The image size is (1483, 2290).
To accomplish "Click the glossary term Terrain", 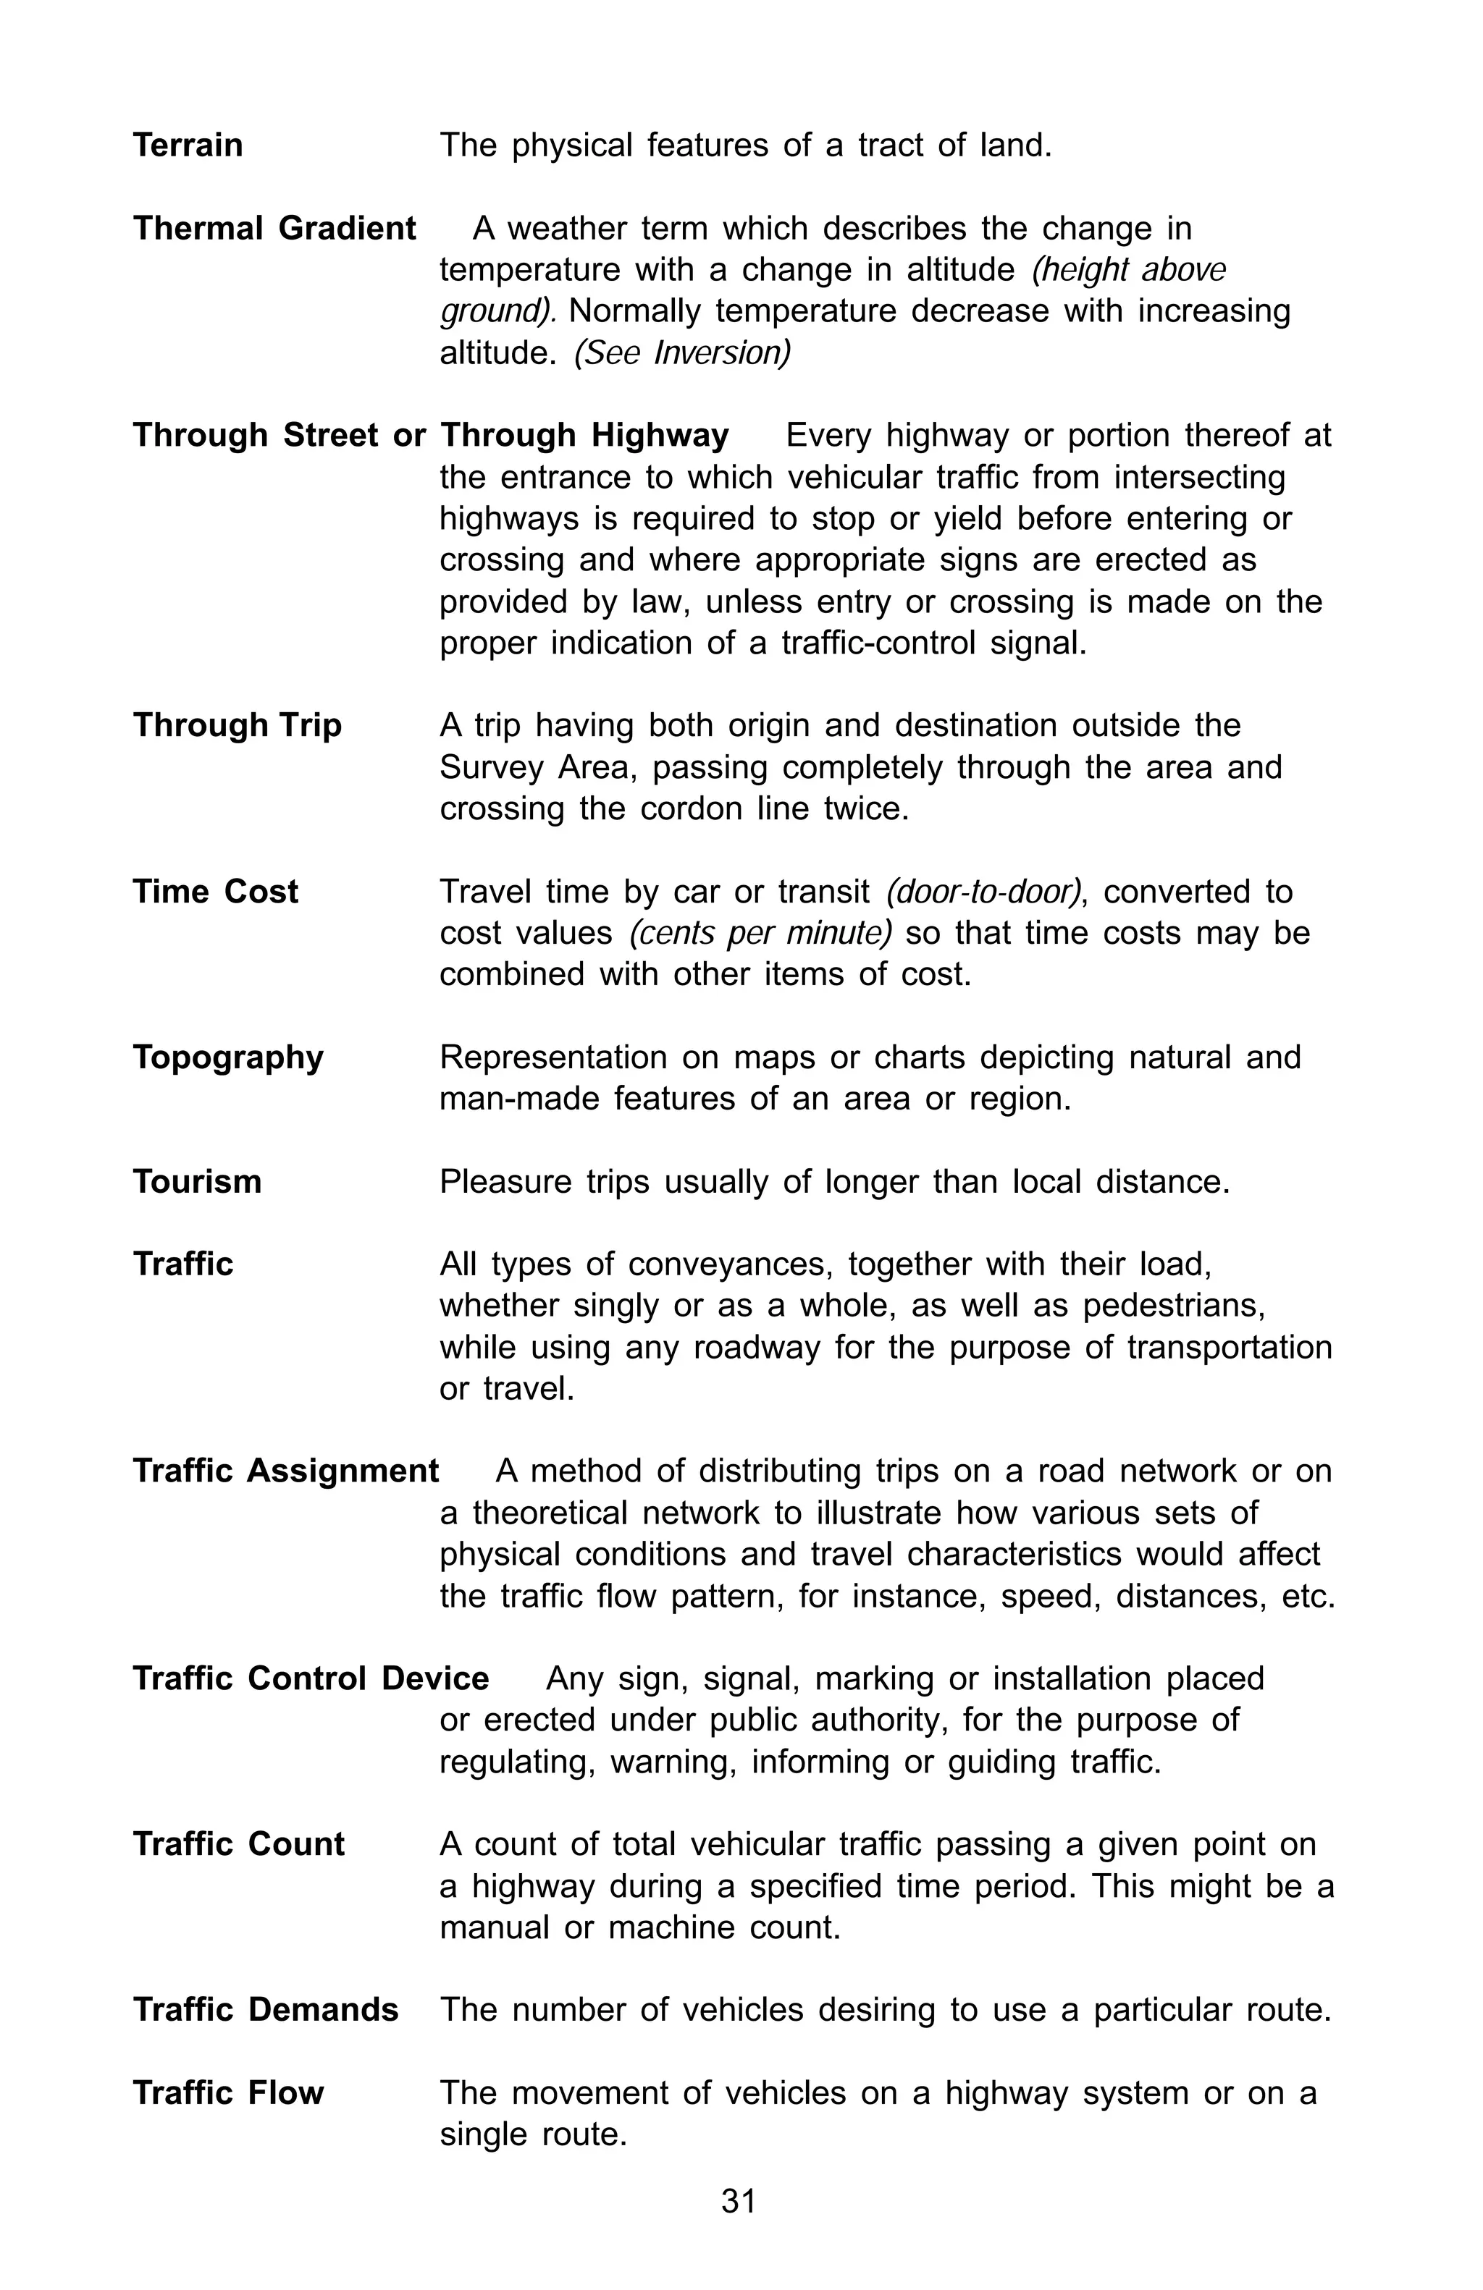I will (188, 145).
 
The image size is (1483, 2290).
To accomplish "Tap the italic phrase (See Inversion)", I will (682, 354).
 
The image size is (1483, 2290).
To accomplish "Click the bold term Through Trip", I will (237, 725).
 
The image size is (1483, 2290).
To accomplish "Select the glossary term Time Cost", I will (216, 892).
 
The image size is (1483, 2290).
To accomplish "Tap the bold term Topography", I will (228, 1057).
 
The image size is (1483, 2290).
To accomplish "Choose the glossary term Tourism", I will (197, 1182).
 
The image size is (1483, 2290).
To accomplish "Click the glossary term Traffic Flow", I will (228, 2092).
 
